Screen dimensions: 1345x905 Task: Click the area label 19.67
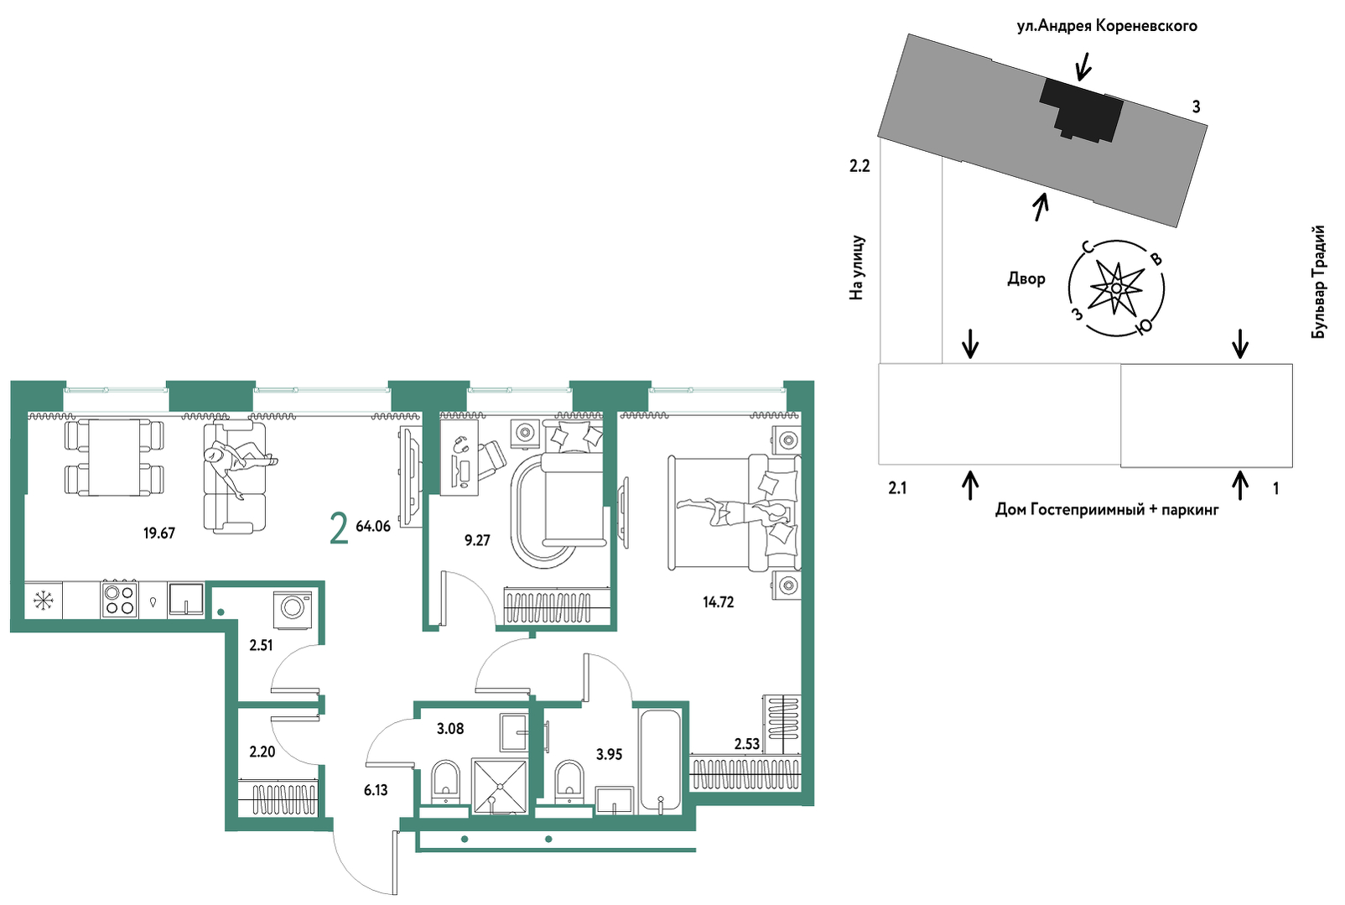[x=159, y=533]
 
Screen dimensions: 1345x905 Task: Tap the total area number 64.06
[x=373, y=527]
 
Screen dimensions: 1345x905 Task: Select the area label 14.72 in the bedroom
[x=718, y=601]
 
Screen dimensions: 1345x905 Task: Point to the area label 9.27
[x=477, y=540]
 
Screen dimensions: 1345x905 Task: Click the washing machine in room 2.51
[x=293, y=610]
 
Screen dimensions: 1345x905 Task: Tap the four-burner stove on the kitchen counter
[x=119, y=599]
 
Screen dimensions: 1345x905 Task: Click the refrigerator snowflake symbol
[x=44, y=601]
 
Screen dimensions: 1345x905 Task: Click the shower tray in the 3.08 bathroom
[x=500, y=786]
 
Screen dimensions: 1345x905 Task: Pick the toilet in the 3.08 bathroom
[x=445, y=782]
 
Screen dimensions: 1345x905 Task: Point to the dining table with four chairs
[x=114, y=458]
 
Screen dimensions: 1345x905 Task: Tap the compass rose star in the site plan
[x=1115, y=289]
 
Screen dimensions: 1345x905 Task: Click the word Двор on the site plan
[x=1026, y=278]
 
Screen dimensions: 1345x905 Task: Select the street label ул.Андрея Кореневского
[x=1107, y=26]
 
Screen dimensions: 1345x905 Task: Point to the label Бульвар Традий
[x=1318, y=282]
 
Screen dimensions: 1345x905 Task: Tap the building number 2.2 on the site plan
[x=859, y=166]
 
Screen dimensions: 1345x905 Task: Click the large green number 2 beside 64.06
[x=340, y=529]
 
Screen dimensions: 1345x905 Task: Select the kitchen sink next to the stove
[x=186, y=599]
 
